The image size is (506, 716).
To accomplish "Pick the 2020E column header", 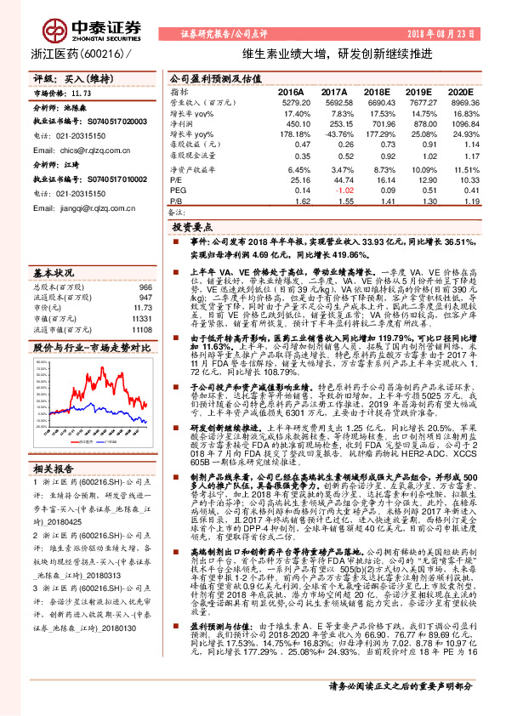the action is (x=459, y=91).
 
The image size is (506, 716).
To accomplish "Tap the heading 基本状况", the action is (x=52, y=273).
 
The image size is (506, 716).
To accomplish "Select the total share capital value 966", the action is (x=145, y=288).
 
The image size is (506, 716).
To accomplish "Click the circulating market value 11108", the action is (x=141, y=328).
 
